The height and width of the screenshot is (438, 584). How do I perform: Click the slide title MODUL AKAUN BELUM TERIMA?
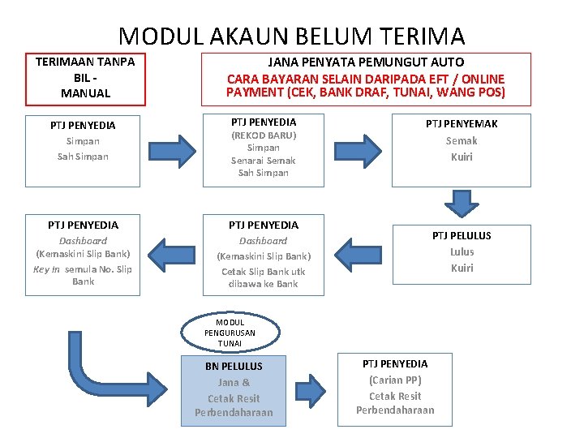point(292,36)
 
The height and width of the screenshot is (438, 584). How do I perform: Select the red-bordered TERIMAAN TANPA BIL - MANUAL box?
point(85,78)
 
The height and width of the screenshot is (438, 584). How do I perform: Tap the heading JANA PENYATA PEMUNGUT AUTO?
point(366,62)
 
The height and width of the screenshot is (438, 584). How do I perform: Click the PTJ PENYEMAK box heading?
point(462,124)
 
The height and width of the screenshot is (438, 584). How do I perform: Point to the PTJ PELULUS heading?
point(462,235)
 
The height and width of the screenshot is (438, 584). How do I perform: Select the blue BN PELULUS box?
point(234,389)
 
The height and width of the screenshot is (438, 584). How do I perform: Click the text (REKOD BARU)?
point(264,135)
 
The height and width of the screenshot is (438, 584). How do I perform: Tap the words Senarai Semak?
point(264,161)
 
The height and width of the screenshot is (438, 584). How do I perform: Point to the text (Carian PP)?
point(395,380)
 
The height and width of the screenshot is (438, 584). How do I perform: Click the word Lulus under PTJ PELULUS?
point(462,251)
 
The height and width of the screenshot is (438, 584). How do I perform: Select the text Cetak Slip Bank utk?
point(264,272)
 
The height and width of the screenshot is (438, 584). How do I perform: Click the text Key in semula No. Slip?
point(83,269)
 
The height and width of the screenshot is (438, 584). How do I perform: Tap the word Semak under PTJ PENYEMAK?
point(462,140)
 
